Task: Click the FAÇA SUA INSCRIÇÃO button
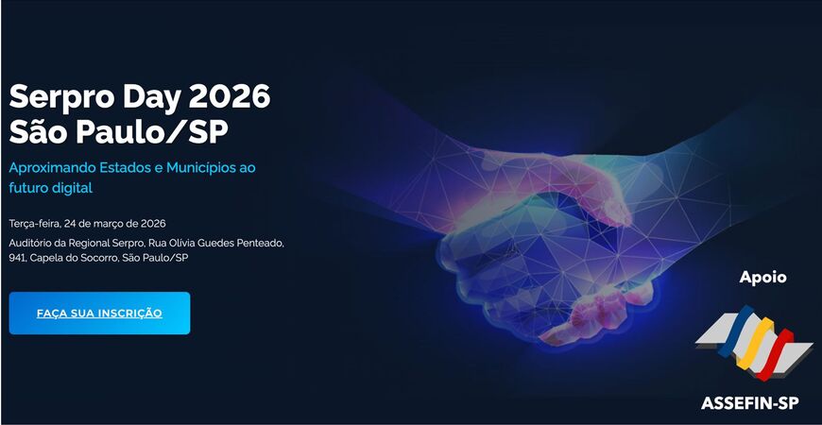pyautogui.click(x=99, y=313)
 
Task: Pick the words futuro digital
pyautogui.click(x=51, y=188)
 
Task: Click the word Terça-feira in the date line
pyautogui.click(x=35, y=224)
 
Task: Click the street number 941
pyautogui.click(x=17, y=258)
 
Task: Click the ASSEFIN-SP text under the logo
pyautogui.click(x=749, y=403)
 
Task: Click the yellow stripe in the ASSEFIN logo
pyautogui.click(x=755, y=343)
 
